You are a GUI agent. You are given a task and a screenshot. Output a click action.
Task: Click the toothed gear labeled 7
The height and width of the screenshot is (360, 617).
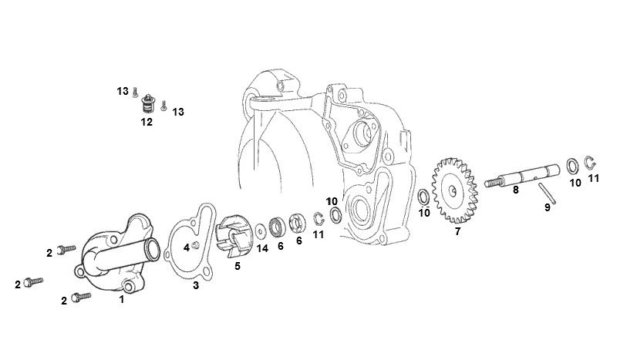coord(455,191)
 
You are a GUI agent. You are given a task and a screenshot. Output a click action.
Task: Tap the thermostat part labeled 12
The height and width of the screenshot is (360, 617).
coord(147,103)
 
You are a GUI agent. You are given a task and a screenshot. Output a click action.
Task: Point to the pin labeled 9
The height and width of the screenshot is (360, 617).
coord(547,193)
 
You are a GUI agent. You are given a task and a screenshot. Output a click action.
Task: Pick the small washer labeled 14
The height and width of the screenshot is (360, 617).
coord(260,231)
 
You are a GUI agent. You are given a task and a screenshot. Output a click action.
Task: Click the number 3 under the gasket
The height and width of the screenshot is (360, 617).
coord(196,285)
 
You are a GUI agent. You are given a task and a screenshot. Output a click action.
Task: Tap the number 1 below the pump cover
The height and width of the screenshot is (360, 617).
coord(122,299)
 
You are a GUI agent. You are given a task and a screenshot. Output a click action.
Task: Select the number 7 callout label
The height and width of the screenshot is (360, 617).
coord(457,231)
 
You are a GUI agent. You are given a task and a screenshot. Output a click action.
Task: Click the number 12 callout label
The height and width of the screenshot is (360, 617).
coord(147,122)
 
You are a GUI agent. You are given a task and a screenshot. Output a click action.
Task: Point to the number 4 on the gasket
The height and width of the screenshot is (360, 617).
coord(187,247)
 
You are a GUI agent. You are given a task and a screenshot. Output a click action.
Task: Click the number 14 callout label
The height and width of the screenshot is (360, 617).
coord(262,249)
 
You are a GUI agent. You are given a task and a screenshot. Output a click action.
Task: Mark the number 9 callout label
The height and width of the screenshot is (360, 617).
coord(548,207)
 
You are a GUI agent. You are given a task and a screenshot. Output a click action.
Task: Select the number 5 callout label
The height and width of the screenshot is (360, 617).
coord(238,267)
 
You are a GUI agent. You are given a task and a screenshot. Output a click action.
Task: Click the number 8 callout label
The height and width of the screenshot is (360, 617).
coord(515,190)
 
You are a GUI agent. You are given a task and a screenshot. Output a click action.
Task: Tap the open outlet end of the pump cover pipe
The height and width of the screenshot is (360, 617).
coord(153,249)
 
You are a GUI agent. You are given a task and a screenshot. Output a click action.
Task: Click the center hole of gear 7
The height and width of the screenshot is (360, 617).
coord(453,191)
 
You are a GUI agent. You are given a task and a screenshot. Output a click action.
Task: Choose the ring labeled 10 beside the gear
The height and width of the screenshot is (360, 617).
coord(423,197)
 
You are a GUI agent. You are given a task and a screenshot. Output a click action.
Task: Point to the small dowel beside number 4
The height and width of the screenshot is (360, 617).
coord(196,246)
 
